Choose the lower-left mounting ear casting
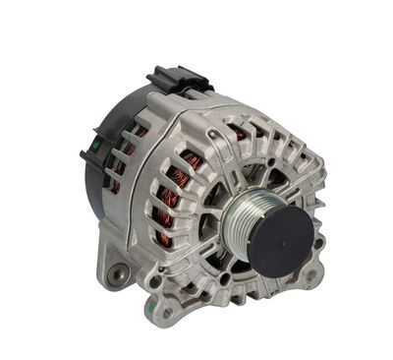click(113, 266)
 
